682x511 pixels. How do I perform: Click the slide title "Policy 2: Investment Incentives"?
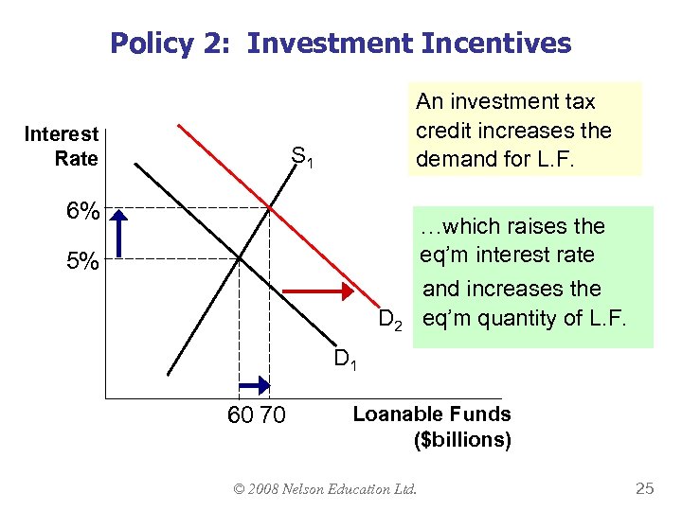point(341,43)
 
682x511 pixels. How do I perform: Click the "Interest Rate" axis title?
point(62,147)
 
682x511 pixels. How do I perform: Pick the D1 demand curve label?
point(345,360)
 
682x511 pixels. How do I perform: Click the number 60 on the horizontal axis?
point(241,414)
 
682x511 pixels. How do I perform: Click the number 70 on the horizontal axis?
point(271,414)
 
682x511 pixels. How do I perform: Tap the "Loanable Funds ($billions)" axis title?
point(432,427)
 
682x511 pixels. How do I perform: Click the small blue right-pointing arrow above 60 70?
point(254,384)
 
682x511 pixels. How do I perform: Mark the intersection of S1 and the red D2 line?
point(270,207)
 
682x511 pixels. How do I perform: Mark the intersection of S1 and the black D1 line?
point(239,257)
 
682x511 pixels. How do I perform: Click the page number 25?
point(645,489)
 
